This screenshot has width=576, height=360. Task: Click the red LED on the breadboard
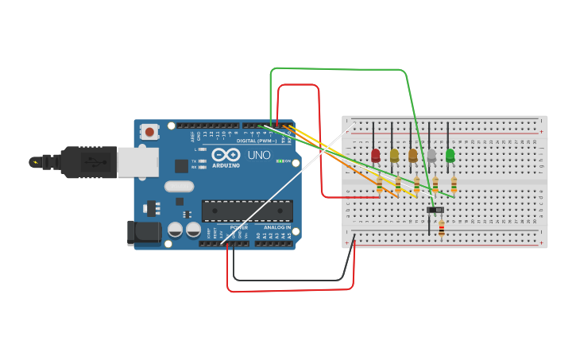pos(376,156)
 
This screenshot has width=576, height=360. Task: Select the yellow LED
pos(394,156)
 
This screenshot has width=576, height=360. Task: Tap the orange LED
pos(413,156)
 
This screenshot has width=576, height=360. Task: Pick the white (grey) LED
pos(431,156)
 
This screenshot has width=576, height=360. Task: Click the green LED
pos(450,156)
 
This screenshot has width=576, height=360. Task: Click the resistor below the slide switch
pos(442,230)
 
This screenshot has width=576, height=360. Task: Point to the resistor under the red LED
pos(380,185)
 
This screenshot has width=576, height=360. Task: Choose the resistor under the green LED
pos(454,185)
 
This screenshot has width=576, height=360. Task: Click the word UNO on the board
pos(259,155)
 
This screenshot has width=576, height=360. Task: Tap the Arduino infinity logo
pos(226,155)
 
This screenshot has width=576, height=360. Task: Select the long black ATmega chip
pos(246,211)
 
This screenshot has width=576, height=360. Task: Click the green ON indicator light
pos(279,161)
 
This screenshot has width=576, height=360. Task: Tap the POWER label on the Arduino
pos(239,227)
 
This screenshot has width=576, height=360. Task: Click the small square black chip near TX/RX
pos(181,166)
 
